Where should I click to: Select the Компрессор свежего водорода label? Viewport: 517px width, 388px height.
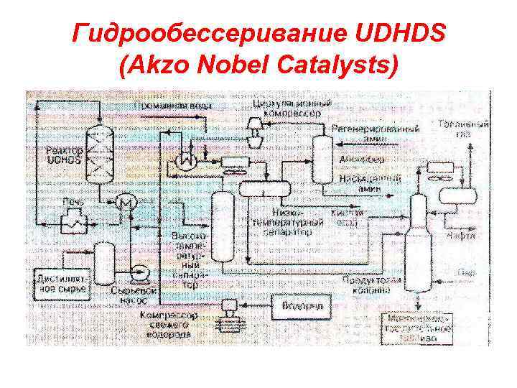coord(168,324)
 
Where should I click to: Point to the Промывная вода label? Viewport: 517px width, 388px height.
coord(171,106)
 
